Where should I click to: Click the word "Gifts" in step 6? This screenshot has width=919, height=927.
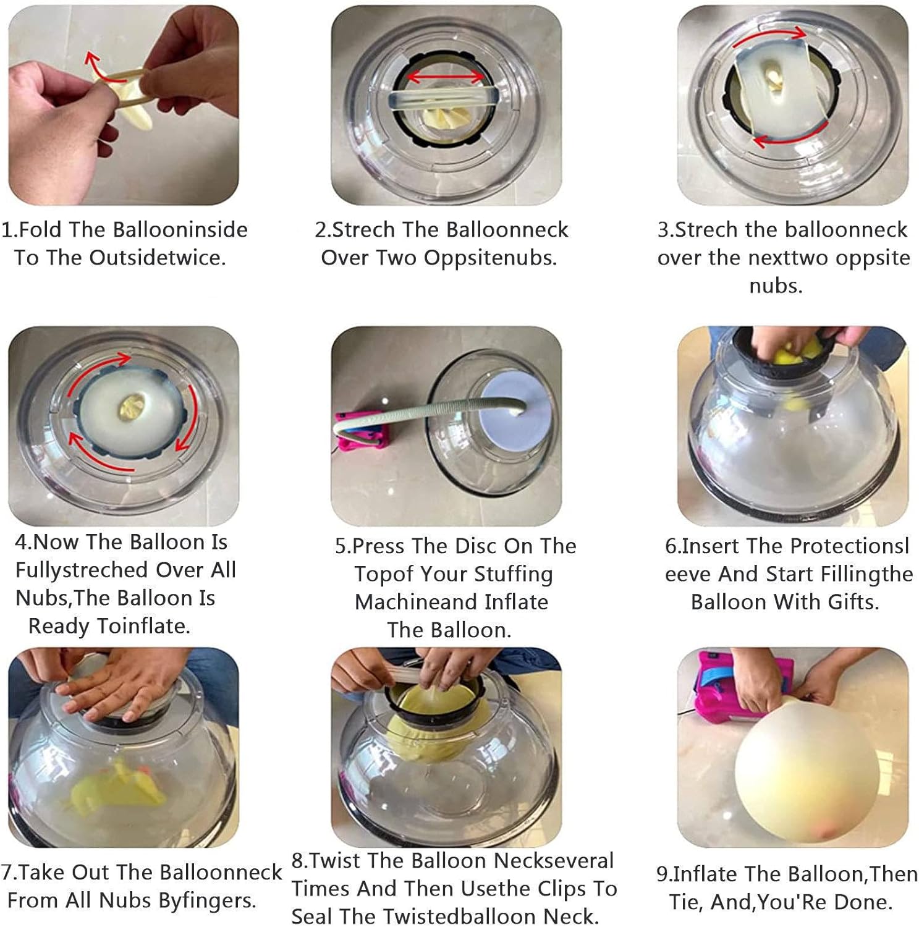pos(853,602)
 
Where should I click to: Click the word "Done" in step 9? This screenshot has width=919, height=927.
pos(863,902)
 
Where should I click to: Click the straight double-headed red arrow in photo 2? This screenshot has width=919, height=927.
pos(447,77)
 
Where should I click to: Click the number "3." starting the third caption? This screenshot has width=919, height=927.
pos(666,229)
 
